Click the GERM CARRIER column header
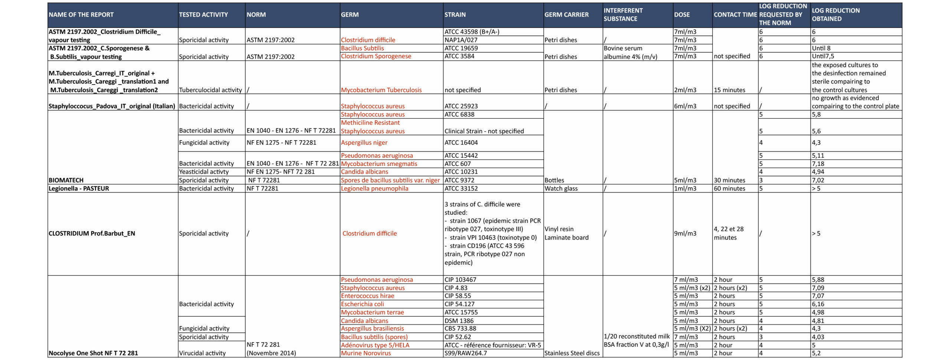566,15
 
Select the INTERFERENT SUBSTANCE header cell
623,15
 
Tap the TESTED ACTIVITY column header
203,15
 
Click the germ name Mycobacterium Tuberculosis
381,90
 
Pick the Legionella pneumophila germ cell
374,189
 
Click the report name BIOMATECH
66,180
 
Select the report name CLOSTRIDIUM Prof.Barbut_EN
92,233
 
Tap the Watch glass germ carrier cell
561,189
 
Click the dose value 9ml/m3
685,233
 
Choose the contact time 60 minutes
729,189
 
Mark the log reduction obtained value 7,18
818,164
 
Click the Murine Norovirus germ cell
366,353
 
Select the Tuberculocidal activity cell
210,90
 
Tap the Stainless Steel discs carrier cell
572,353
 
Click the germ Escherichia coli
362,304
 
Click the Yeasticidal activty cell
203,172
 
